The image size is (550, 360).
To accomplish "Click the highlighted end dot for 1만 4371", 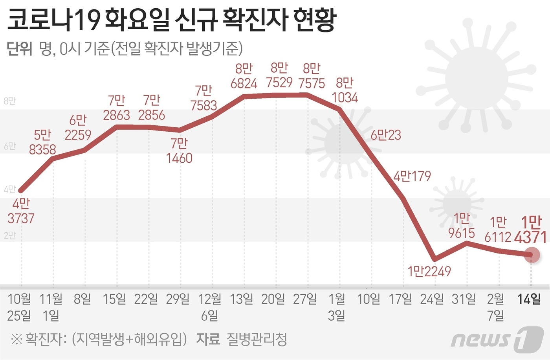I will (532, 255).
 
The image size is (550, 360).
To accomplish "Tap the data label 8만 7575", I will (312, 76).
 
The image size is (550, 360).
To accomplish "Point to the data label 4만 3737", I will (21, 211).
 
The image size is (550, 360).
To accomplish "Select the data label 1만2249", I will (429, 271).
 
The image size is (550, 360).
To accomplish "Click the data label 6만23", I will (386, 135).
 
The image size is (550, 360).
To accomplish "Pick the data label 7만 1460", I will (179, 151).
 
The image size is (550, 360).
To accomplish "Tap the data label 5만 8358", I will (42, 142).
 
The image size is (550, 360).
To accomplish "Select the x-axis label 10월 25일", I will (19, 307).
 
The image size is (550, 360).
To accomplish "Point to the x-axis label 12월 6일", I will (210, 307).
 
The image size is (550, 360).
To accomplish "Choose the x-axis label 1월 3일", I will (337, 307).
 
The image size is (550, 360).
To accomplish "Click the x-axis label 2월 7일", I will (495, 307).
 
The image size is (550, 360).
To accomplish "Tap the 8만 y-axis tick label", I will (9, 101).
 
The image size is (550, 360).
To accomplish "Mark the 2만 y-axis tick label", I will (9, 235).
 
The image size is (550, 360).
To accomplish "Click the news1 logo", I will (497, 339).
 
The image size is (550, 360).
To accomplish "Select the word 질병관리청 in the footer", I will (257, 339).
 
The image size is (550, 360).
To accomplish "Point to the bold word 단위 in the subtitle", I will (19, 49).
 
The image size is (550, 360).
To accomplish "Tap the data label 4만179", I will (412, 176).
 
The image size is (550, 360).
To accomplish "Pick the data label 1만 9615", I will (462, 226).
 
